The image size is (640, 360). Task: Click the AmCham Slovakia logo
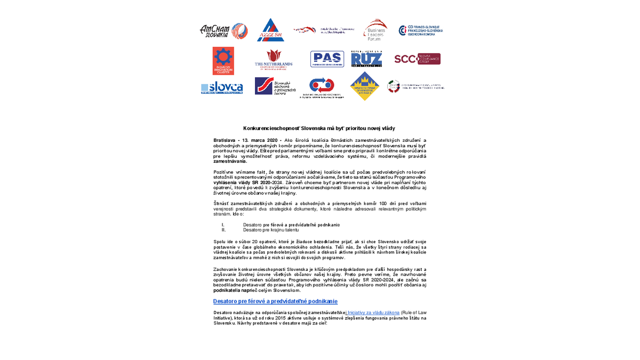click(x=223, y=30)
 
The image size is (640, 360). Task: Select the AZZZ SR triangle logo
click(x=270, y=30)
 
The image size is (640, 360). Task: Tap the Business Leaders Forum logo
click(x=375, y=30)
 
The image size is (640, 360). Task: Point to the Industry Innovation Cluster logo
click(x=223, y=60)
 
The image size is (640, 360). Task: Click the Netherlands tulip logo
click(x=274, y=60)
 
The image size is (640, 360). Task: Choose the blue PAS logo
click(x=327, y=59)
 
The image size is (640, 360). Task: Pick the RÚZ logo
click(x=366, y=59)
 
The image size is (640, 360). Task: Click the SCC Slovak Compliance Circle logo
click(x=417, y=59)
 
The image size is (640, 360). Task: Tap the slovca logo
click(x=222, y=88)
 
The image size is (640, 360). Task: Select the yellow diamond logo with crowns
click(x=365, y=86)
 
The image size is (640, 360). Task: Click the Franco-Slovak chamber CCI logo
click(x=421, y=30)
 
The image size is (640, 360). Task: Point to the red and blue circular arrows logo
click(x=322, y=85)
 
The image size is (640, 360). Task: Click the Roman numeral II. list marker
click(x=224, y=230)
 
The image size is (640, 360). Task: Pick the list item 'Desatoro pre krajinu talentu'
click(x=271, y=230)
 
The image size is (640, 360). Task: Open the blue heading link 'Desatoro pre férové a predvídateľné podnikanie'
click(x=275, y=301)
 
